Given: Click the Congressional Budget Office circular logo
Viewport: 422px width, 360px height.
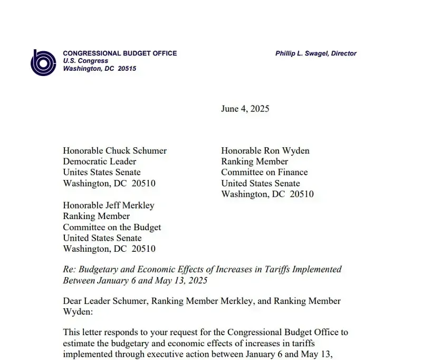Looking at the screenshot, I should [x=43, y=62].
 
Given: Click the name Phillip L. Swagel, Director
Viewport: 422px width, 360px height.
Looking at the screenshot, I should [x=315, y=53].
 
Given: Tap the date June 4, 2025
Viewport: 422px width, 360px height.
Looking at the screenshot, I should [x=245, y=109].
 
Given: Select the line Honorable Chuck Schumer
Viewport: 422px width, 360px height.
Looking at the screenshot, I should [x=114, y=150].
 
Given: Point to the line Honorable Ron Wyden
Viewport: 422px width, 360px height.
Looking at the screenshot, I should [x=265, y=150].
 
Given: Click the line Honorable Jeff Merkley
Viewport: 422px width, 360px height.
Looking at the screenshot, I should [x=108, y=205].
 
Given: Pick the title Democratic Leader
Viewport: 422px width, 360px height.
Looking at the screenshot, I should [x=99, y=162].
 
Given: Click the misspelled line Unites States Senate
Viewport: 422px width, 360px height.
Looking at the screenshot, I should [x=102, y=172].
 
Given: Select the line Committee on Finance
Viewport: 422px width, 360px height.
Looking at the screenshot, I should [x=264, y=172].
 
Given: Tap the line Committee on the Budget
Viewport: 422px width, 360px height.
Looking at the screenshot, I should [x=112, y=227].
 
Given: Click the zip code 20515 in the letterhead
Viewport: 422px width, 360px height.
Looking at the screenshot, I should [x=127, y=69].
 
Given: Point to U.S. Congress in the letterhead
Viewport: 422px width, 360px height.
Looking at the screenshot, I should [x=85, y=61].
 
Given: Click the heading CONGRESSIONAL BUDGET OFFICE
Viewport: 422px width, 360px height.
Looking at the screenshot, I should [x=120, y=53].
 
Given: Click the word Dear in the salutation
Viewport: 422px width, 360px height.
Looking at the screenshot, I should [x=73, y=301].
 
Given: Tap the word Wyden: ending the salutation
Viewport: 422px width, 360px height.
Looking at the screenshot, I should [x=78, y=312].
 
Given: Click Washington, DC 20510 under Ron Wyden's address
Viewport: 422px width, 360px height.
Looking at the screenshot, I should [x=267, y=194].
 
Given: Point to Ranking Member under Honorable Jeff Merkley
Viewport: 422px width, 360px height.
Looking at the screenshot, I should [x=96, y=216].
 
